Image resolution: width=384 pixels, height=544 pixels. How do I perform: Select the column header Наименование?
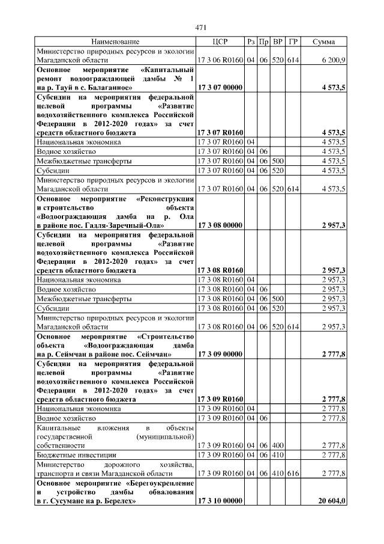tap(115, 42)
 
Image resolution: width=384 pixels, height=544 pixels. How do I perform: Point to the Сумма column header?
tap(328, 42)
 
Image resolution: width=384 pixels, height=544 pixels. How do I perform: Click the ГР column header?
tap(293, 42)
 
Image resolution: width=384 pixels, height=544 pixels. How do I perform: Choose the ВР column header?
tap(278, 42)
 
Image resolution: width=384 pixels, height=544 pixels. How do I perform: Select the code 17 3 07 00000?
tap(220, 88)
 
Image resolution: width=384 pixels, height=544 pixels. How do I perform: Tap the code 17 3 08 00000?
tap(220, 225)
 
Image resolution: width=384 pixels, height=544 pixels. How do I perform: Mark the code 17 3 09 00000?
tap(220, 355)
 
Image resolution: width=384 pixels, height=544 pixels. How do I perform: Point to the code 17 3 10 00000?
tap(220, 501)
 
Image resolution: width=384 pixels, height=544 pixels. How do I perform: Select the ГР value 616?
tap(293, 474)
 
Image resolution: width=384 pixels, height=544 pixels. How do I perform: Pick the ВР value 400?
tap(278, 446)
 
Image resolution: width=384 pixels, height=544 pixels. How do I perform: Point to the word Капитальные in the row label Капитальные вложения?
tap(58, 427)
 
